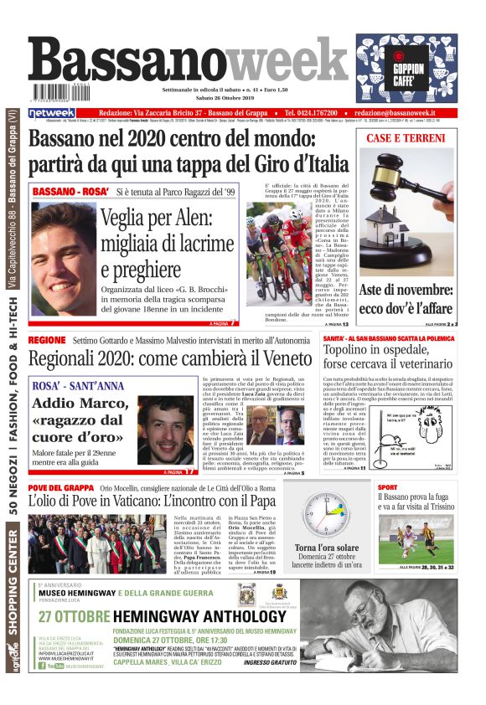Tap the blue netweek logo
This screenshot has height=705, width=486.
pos(52,112)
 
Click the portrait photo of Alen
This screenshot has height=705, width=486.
pos(63,256)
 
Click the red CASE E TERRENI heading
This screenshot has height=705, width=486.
pos(406,137)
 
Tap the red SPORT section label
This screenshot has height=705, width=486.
pos(387,486)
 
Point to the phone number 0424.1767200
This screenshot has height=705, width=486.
pos(310,112)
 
